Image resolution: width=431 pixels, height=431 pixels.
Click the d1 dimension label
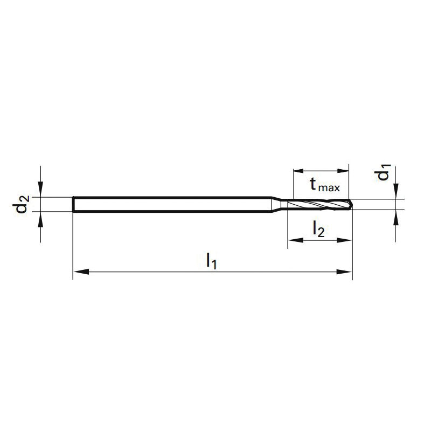pos(383,172)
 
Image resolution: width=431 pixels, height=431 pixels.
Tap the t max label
pos(325,184)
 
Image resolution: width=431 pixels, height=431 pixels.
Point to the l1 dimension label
pos(212,261)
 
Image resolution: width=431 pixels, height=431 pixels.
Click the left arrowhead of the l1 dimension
pos(81,272)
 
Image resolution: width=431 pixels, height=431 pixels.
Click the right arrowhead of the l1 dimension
pos(344,272)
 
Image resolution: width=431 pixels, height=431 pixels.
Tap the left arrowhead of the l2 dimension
pos(296,240)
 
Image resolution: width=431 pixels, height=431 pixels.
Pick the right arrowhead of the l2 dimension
pos(344,240)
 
